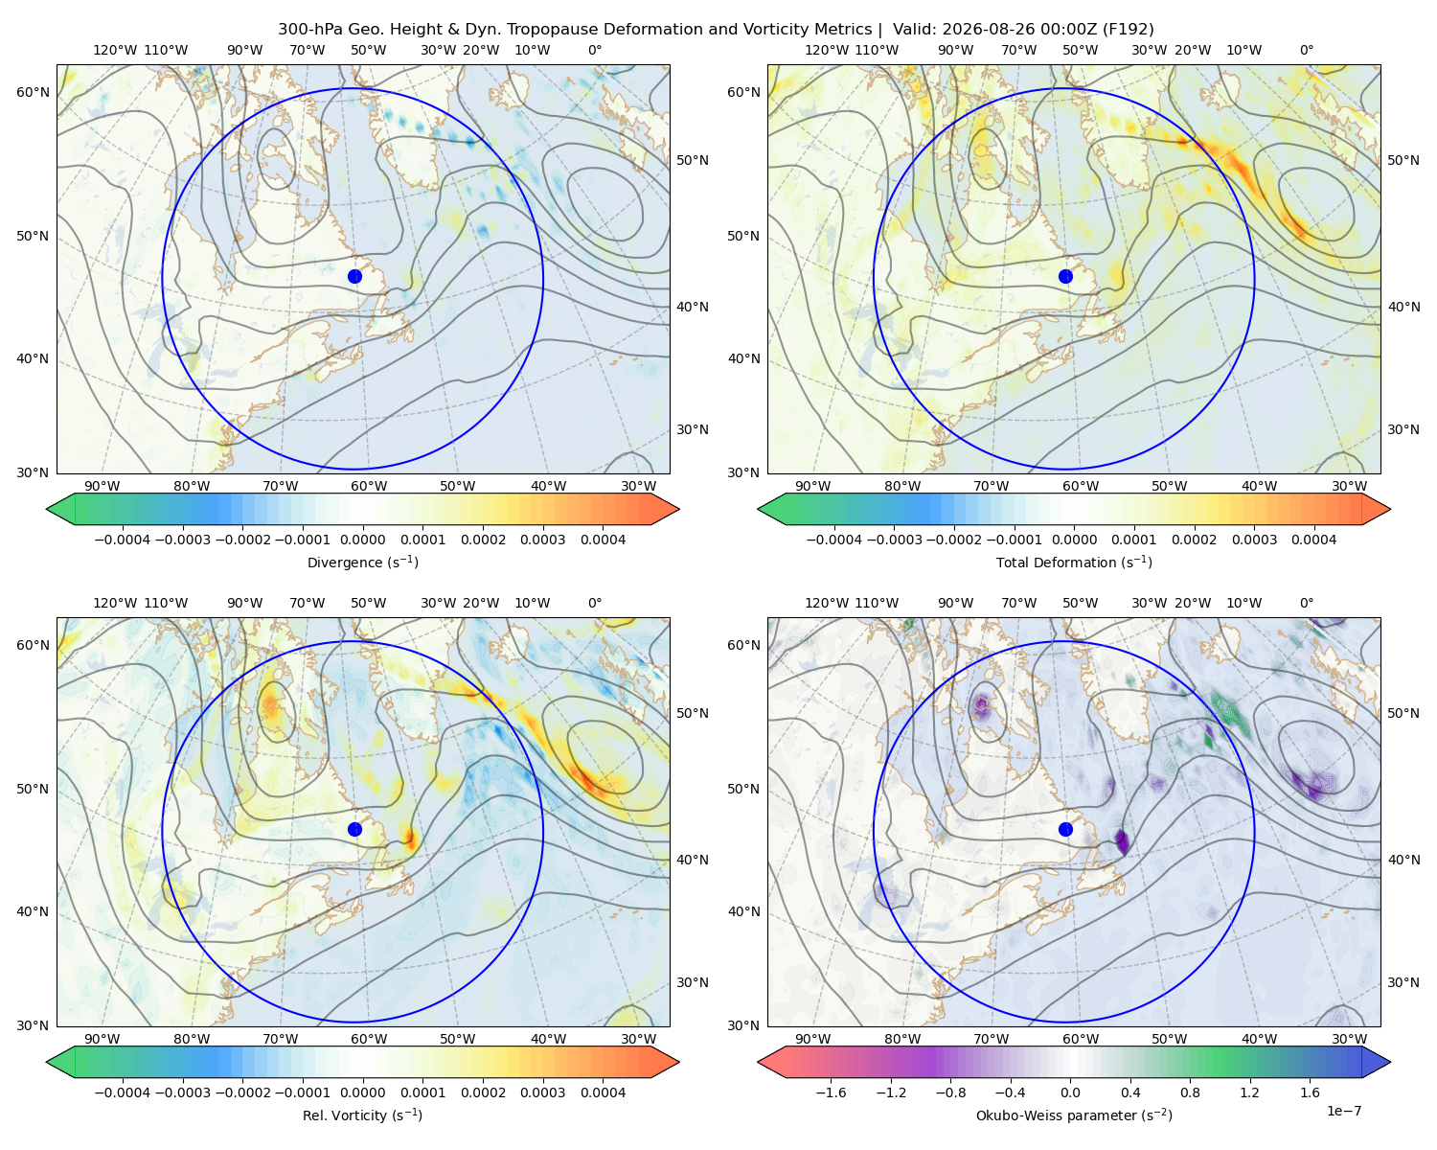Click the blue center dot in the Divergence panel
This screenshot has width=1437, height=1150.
pyautogui.click(x=354, y=276)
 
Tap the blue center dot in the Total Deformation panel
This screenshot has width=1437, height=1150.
pyautogui.click(x=1065, y=276)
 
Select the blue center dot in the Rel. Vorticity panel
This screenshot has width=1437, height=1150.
pyautogui.click(x=354, y=829)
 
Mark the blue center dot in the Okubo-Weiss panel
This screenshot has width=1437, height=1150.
pyautogui.click(x=1065, y=829)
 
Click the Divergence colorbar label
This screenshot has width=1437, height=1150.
pyautogui.click(x=362, y=562)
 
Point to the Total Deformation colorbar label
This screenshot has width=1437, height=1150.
pyautogui.click(x=1074, y=562)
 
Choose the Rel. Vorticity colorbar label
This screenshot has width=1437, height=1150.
pyautogui.click(x=362, y=1115)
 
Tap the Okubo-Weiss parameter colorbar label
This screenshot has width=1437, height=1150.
pyautogui.click(x=1074, y=1115)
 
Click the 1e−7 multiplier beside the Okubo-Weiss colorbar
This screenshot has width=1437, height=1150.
pyautogui.click(x=1343, y=1111)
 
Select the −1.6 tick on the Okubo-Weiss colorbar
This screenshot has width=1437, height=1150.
pyautogui.click(x=831, y=1092)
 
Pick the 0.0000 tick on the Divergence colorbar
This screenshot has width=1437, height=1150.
pyautogui.click(x=362, y=540)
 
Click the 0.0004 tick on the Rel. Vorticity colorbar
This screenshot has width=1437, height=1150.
pyautogui.click(x=603, y=1092)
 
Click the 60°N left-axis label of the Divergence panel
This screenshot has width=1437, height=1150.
pyautogui.click(x=33, y=92)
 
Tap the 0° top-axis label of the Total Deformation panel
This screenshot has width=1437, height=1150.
pyautogui.click(x=1306, y=50)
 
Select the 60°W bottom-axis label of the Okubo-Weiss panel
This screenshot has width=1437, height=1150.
pyautogui.click(x=1080, y=1039)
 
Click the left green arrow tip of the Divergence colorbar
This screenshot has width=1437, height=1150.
pyautogui.click(x=47, y=509)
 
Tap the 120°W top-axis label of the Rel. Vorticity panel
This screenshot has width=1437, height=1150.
pyautogui.click(x=115, y=603)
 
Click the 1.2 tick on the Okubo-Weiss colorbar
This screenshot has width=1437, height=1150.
pyautogui.click(x=1249, y=1092)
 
